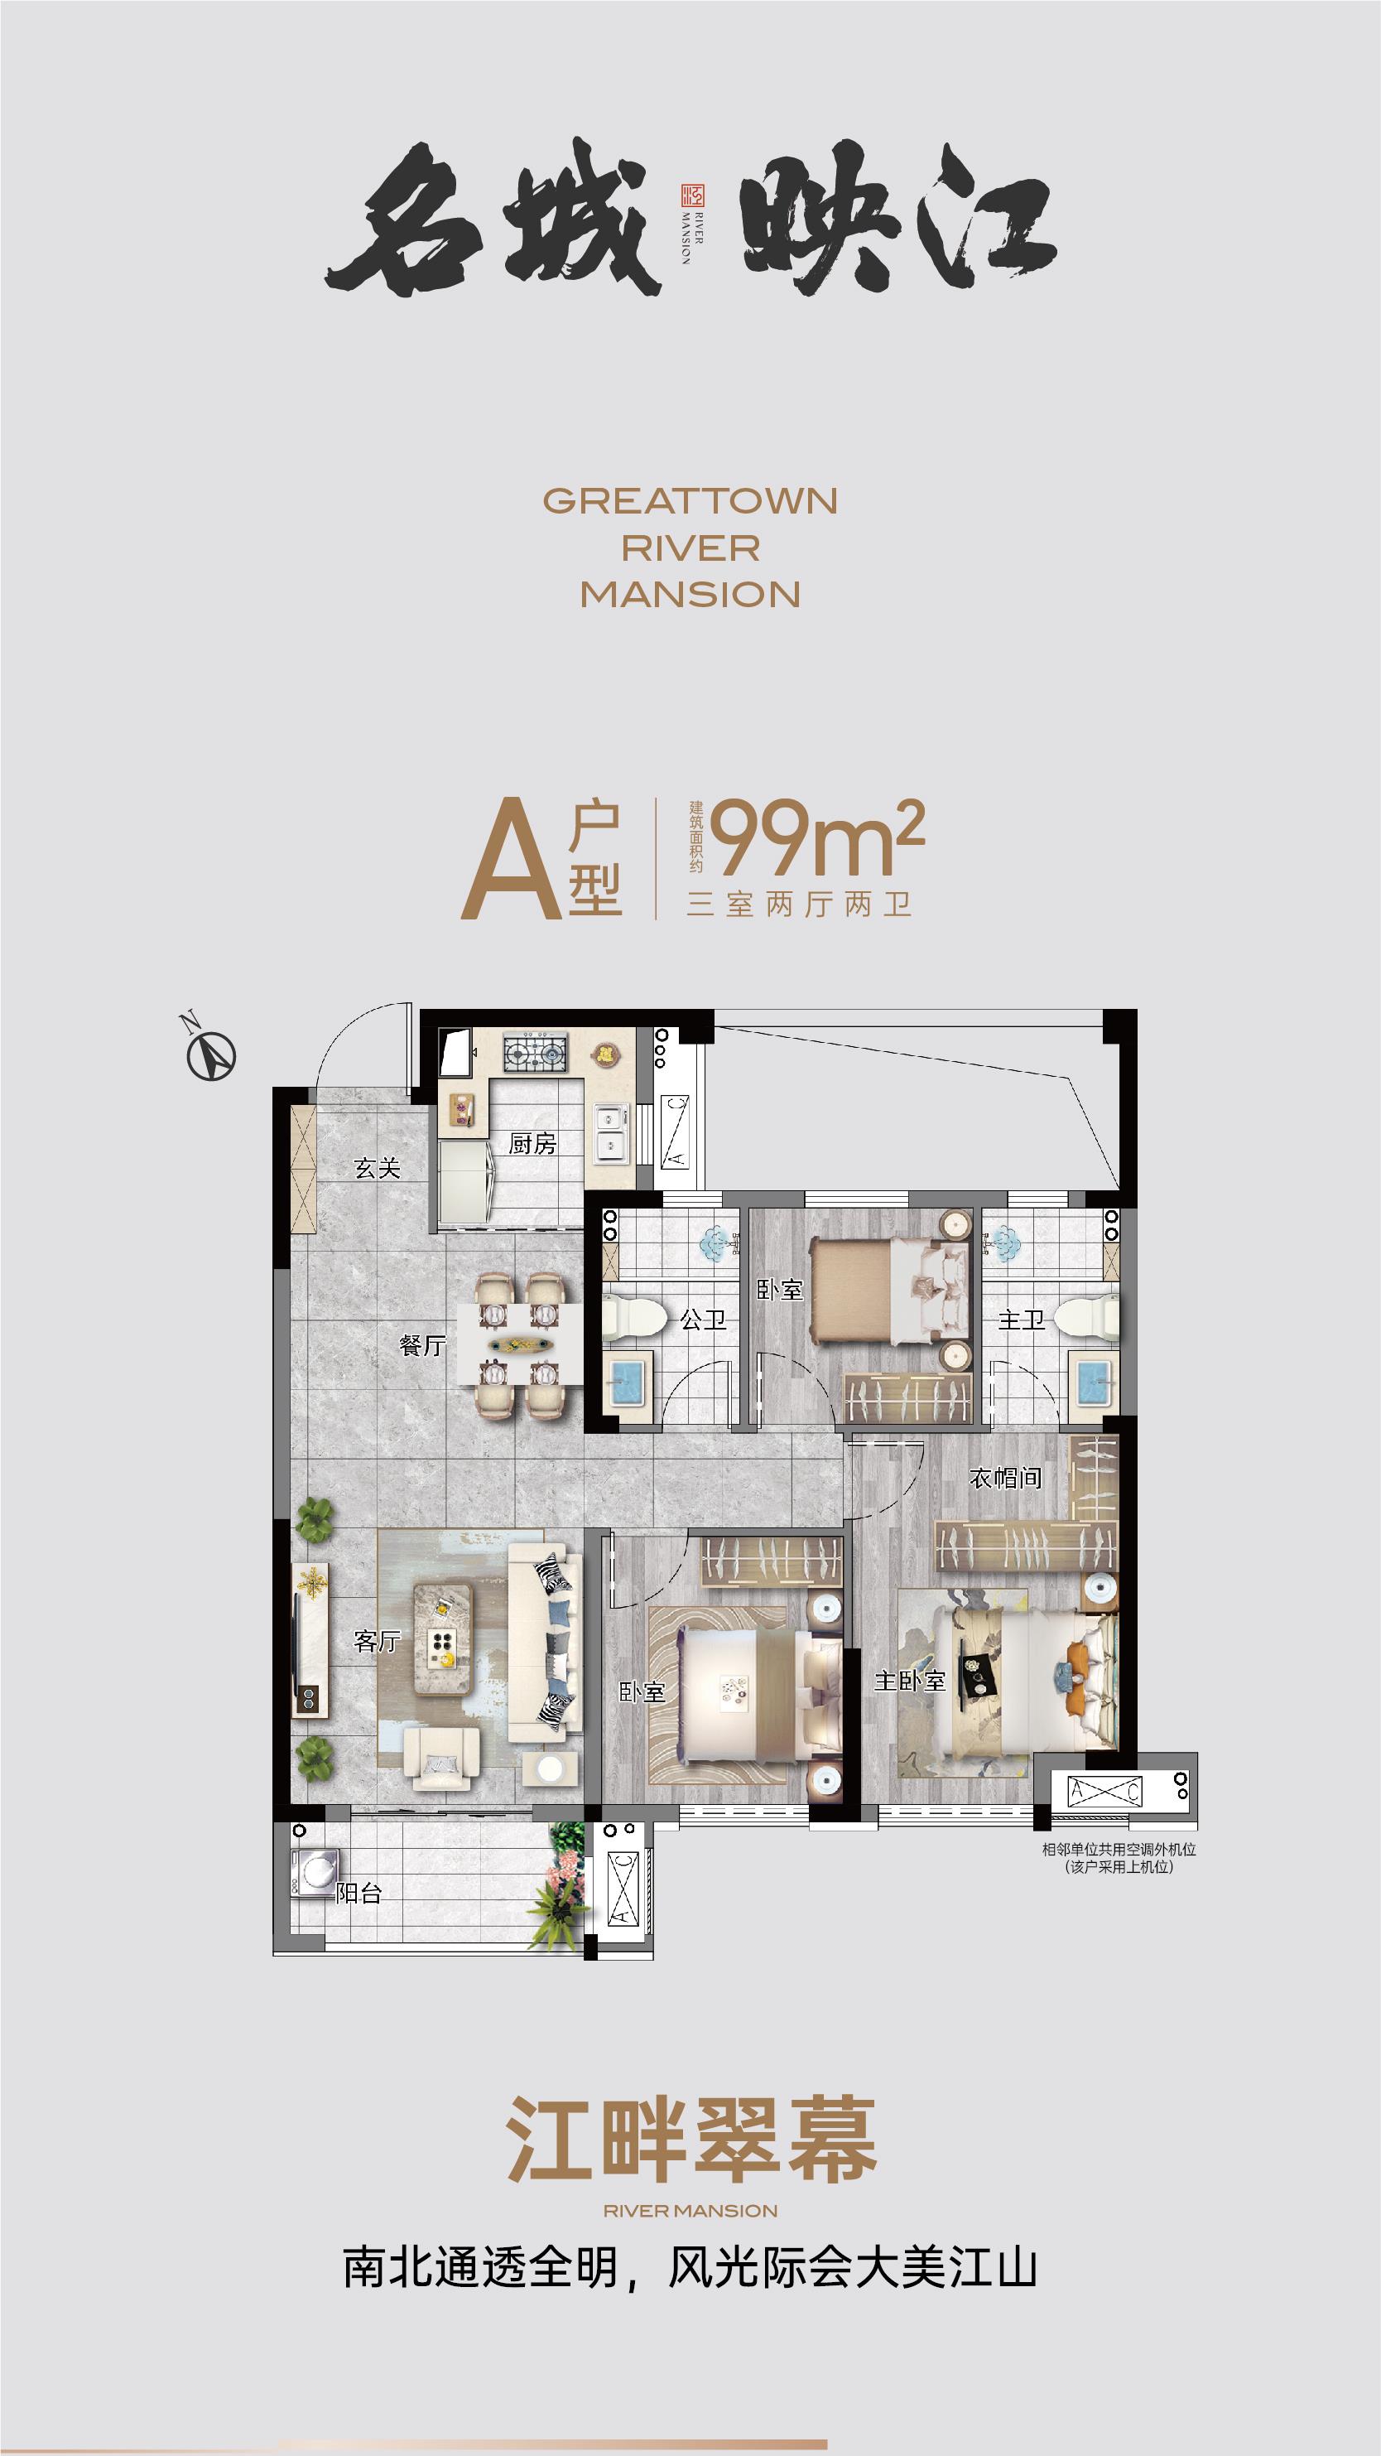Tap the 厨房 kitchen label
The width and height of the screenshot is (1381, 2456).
point(532,1144)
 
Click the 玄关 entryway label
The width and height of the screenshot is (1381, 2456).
point(377,1168)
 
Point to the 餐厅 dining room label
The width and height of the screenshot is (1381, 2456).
point(422,1345)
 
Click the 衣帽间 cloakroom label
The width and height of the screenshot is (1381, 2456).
point(1004,1479)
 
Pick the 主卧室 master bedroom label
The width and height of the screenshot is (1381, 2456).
point(909,1681)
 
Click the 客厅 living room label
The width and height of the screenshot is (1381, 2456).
point(377,1641)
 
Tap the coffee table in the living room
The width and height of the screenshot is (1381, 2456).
point(442,1639)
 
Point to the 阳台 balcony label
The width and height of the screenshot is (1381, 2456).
point(359,1894)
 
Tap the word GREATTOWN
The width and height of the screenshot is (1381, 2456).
point(690,501)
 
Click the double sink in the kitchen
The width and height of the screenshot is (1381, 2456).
point(611,1132)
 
